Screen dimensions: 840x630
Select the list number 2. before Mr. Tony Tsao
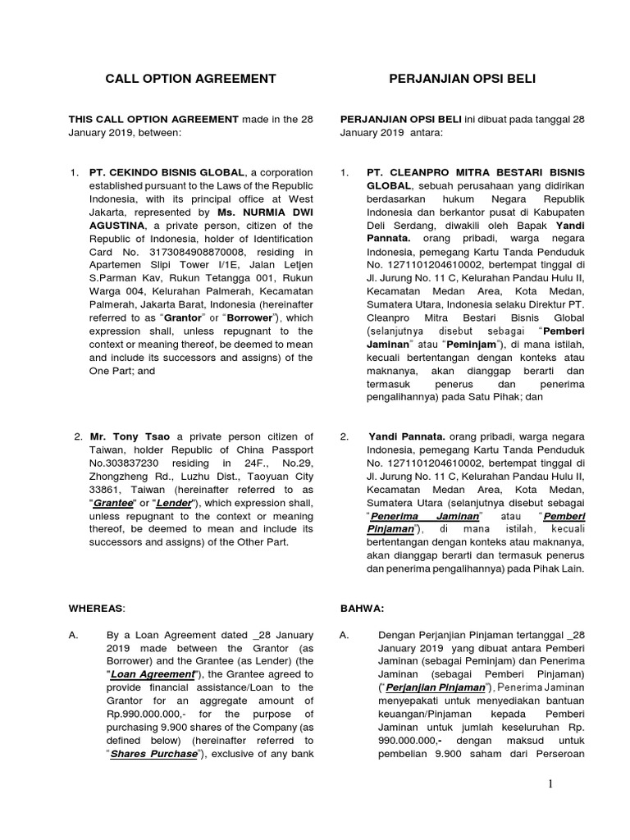(x=79, y=436)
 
